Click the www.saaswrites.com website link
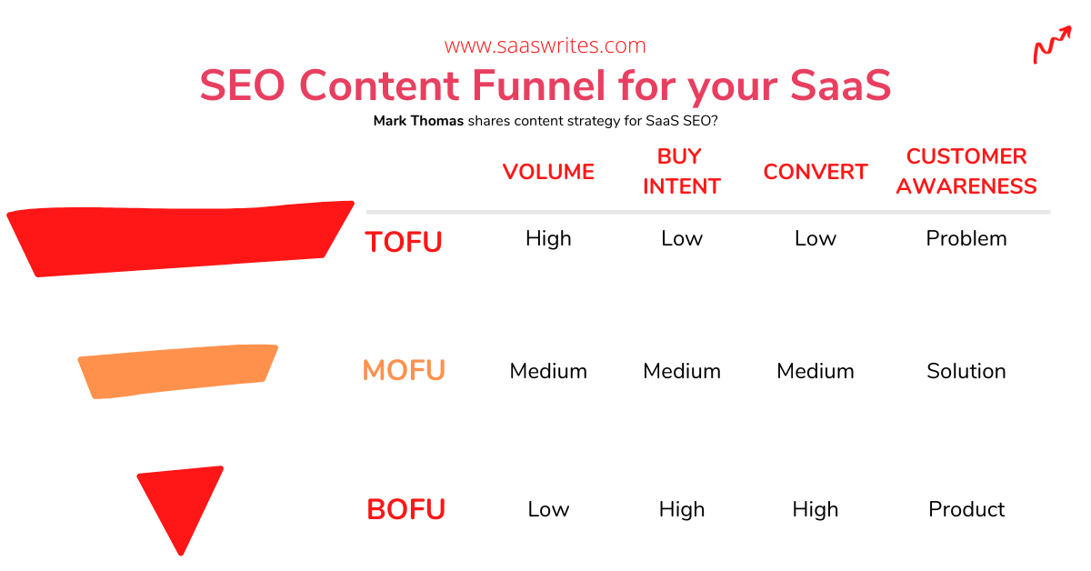point(545,45)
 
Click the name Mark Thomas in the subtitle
point(418,121)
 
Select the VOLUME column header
point(548,172)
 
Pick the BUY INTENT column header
point(681,172)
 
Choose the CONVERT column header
point(816,172)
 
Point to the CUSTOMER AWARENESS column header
point(966,172)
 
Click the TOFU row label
point(404,242)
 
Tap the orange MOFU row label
point(405,370)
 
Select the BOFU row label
point(405,509)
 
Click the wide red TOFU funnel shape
point(180,239)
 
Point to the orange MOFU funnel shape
point(178,372)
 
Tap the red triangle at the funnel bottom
point(181,502)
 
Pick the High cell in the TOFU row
point(548,239)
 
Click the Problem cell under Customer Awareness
point(966,239)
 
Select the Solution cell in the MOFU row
point(966,371)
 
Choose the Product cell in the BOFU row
point(966,509)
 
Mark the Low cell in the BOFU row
point(548,509)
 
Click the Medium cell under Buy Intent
point(682,371)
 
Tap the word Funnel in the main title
point(538,85)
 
